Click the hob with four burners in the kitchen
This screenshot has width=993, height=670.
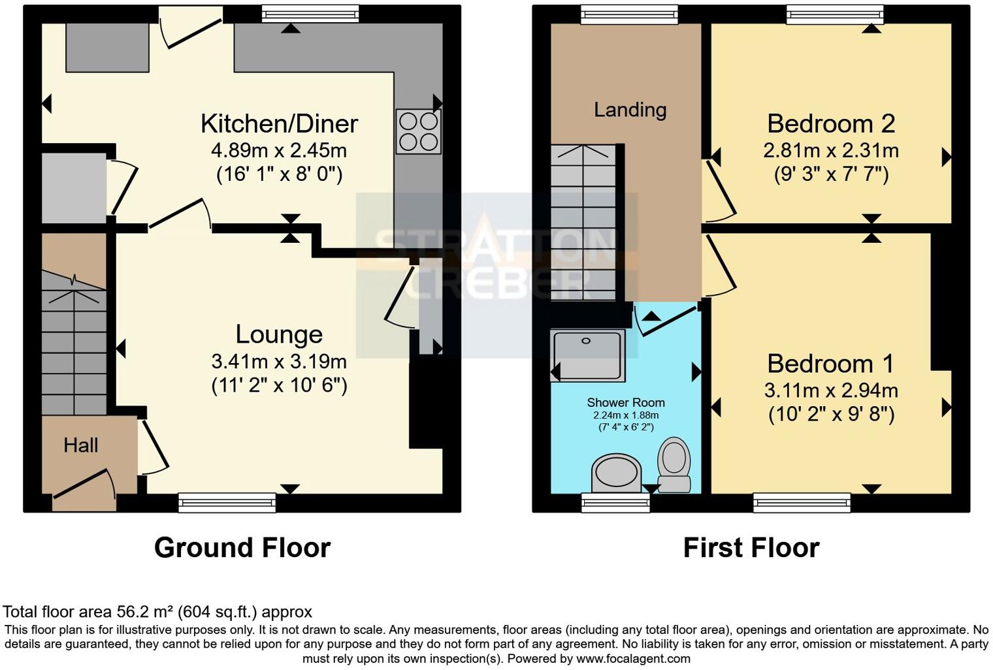[x=418, y=131]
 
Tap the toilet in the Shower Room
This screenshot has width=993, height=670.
[x=674, y=464]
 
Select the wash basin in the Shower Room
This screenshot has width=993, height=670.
[x=615, y=473]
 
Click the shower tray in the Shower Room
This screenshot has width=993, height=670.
[x=587, y=355]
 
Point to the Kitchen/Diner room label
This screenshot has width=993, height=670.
[x=279, y=123]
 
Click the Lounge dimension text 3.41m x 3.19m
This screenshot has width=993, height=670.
[x=279, y=361]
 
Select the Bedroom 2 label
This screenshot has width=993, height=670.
[x=830, y=123]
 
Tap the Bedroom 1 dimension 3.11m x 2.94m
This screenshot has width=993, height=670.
[x=830, y=391]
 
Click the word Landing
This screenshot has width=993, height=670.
[x=630, y=110]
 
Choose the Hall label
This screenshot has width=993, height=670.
[x=81, y=445]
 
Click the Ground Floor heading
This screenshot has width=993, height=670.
[x=242, y=547]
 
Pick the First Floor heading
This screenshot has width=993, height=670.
[x=751, y=547]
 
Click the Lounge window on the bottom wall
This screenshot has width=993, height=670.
[x=227, y=502]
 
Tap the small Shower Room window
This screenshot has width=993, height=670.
[x=615, y=502]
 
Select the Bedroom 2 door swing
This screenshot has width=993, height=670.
[x=719, y=189]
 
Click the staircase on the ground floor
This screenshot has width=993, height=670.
[x=74, y=343]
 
